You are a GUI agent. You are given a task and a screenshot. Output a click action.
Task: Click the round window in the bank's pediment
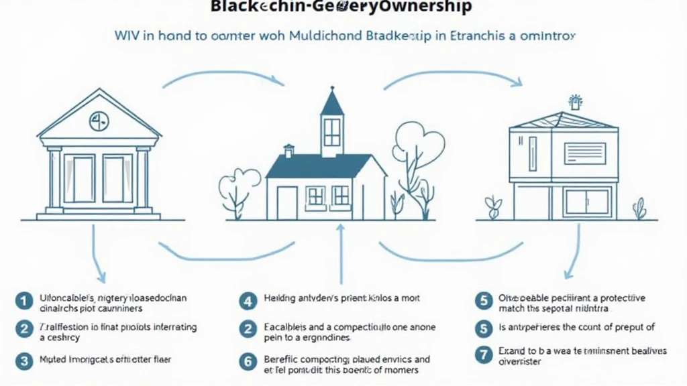(99, 121)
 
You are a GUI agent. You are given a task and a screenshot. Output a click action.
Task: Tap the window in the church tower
(332, 132)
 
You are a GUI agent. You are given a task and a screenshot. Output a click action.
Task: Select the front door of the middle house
(286, 202)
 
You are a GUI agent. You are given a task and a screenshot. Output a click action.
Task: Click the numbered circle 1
(25, 302)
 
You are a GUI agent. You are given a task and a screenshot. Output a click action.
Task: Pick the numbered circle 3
(25, 361)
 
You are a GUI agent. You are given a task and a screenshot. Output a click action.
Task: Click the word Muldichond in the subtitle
(324, 36)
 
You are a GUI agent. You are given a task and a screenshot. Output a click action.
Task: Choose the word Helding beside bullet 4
(280, 298)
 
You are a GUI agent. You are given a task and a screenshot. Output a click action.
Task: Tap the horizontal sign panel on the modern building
(584, 152)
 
